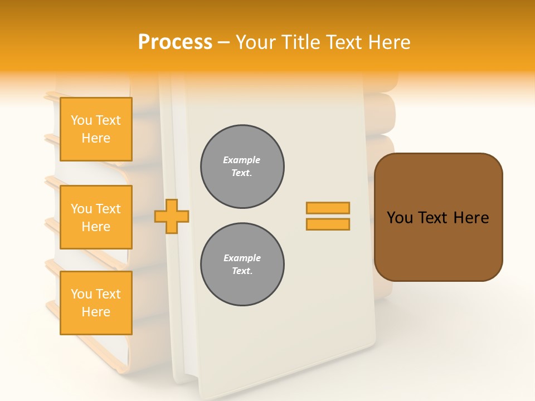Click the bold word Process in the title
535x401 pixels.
pyautogui.click(x=175, y=42)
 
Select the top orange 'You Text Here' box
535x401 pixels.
pyautogui.click(x=96, y=129)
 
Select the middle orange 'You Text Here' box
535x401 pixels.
pyautogui.click(x=96, y=217)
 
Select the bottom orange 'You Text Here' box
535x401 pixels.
pyautogui.click(x=96, y=303)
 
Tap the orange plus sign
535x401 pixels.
pyautogui.click(x=172, y=217)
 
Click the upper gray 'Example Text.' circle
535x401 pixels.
pyautogui.click(x=242, y=167)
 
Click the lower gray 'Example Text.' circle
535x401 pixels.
pyautogui.click(x=242, y=265)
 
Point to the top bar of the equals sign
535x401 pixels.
pyautogui.click(x=328, y=208)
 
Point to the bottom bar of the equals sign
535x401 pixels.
pyautogui.click(x=328, y=224)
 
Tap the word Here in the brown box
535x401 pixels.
pyautogui.click(x=471, y=218)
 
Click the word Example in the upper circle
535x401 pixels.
pyautogui.click(x=241, y=160)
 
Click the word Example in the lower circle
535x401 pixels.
pyautogui.click(x=242, y=258)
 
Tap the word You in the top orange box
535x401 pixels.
pyautogui.click(x=81, y=120)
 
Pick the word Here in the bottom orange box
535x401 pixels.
pyautogui.click(x=96, y=312)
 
